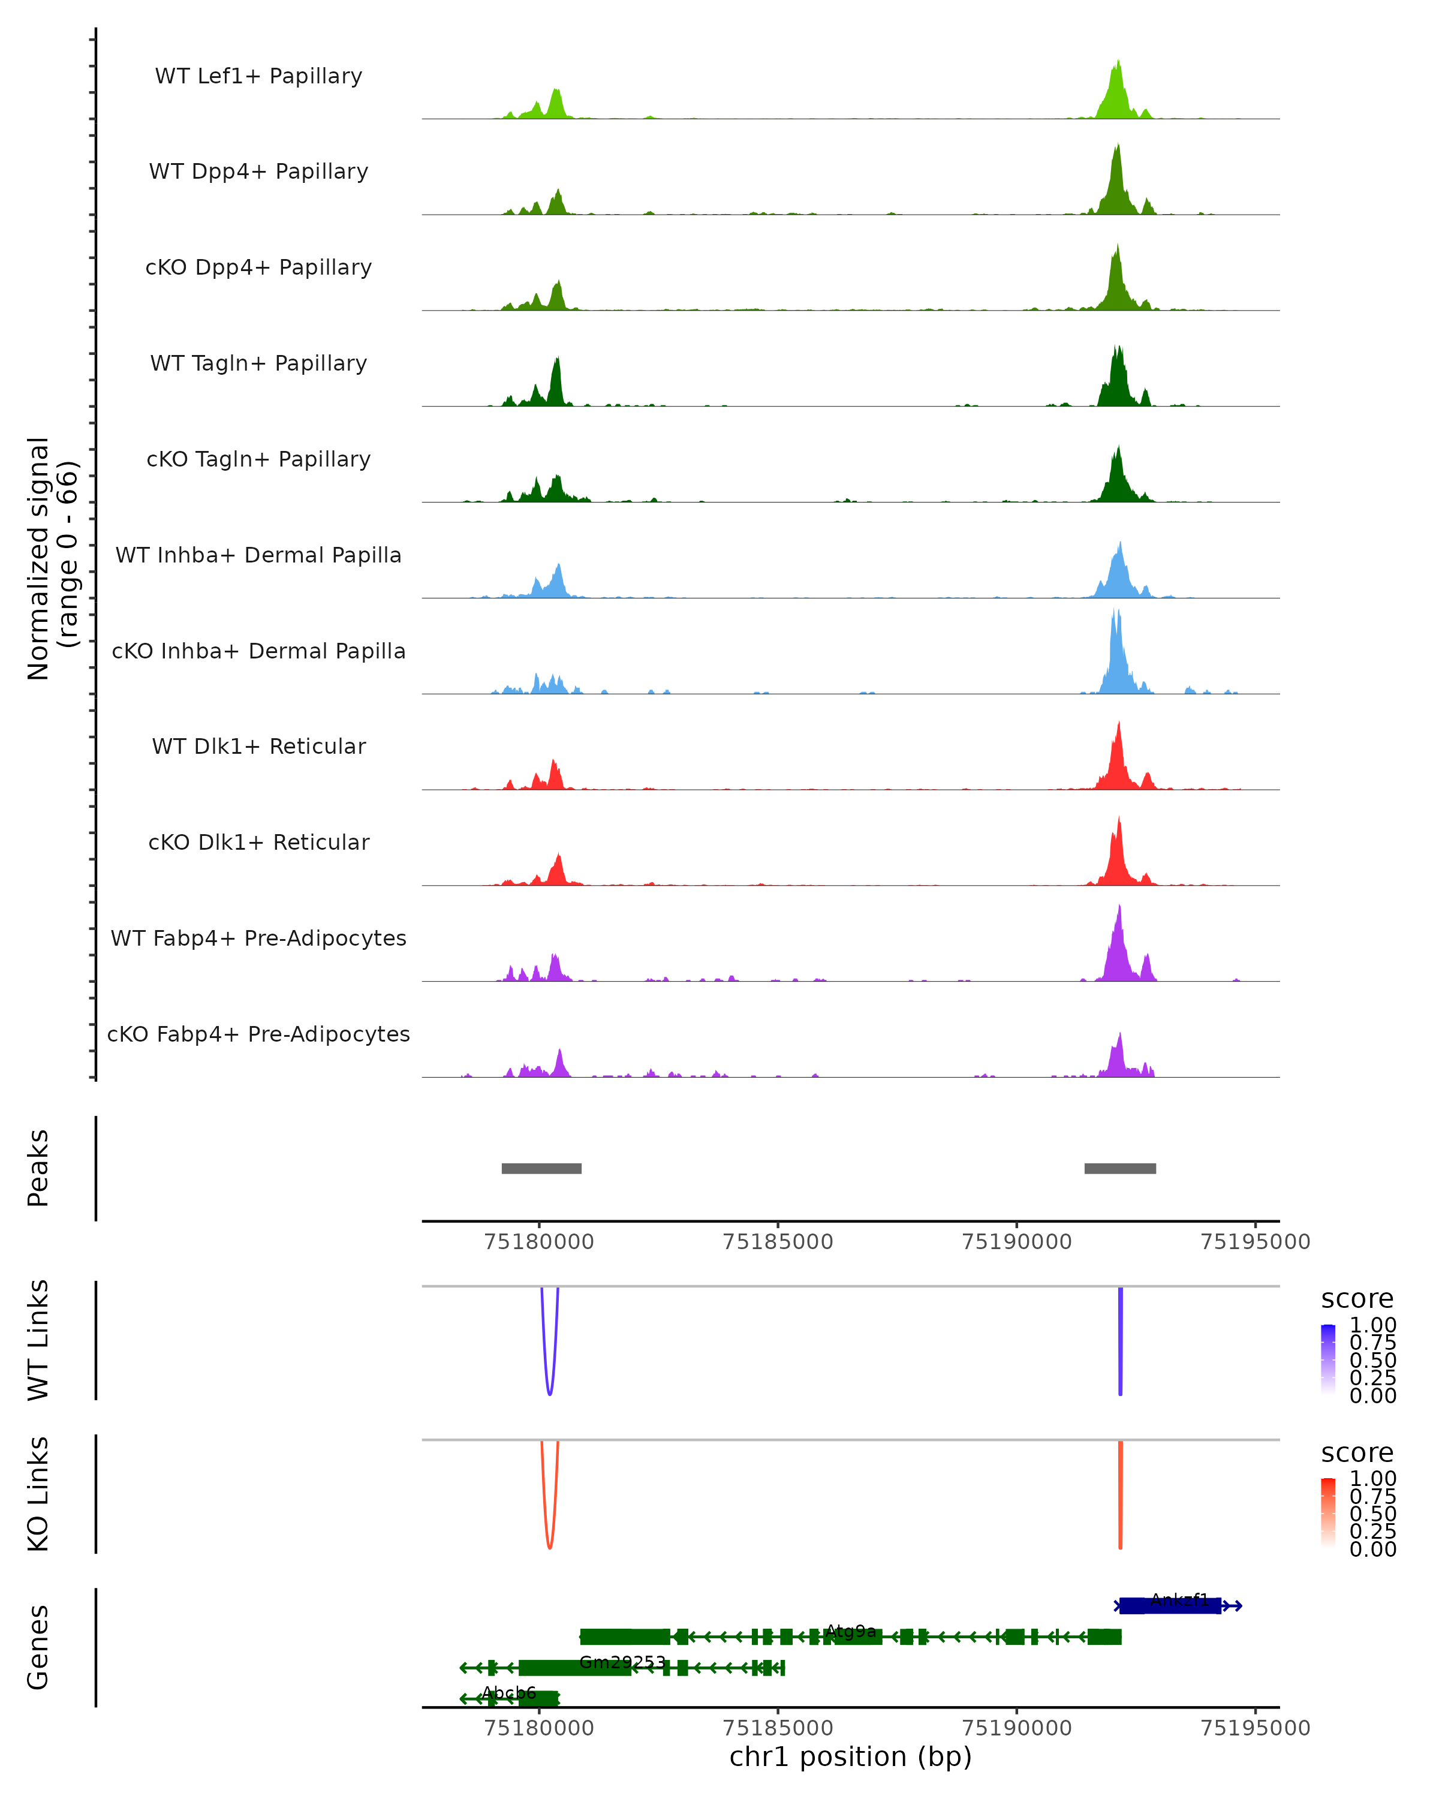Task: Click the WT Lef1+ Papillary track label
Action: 258,76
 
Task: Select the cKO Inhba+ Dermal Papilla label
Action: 258,651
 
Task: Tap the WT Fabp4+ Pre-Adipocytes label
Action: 258,938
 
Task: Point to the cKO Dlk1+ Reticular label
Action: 258,842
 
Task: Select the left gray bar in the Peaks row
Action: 541,1168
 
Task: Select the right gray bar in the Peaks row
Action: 1119,1168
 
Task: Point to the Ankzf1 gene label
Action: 1179,1599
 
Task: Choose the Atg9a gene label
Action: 851,1631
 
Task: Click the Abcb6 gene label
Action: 509,1693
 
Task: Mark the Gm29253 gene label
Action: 622,1662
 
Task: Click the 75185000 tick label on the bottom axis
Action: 778,1728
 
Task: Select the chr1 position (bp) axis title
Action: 850,1757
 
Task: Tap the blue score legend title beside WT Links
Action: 1356,1299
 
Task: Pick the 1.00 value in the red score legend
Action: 1372,1479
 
